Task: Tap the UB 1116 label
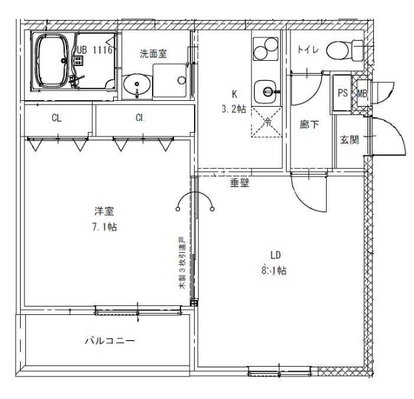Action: coord(94,49)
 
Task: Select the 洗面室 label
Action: coord(153,54)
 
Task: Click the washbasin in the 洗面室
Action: coord(137,84)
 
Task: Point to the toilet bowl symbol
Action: coord(343,49)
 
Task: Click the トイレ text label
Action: coord(307,50)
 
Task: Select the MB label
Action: coord(362,93)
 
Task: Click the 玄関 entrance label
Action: coord(349,140)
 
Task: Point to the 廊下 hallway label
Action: coord(309,124)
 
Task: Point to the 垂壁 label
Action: coord(239,183)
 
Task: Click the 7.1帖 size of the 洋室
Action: coord(104,226)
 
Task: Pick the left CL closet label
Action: coord(57,118)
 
